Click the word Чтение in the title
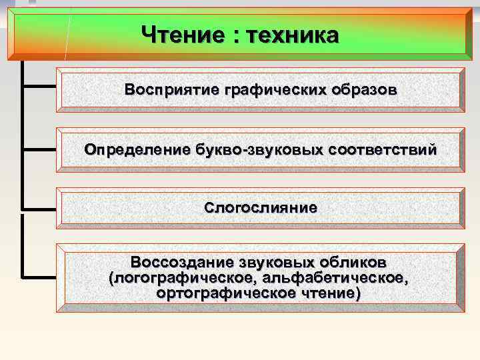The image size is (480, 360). [182, 34]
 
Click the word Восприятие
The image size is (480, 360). [170, 89]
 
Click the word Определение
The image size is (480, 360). [137, 150]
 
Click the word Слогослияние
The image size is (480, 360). [261, 208]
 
